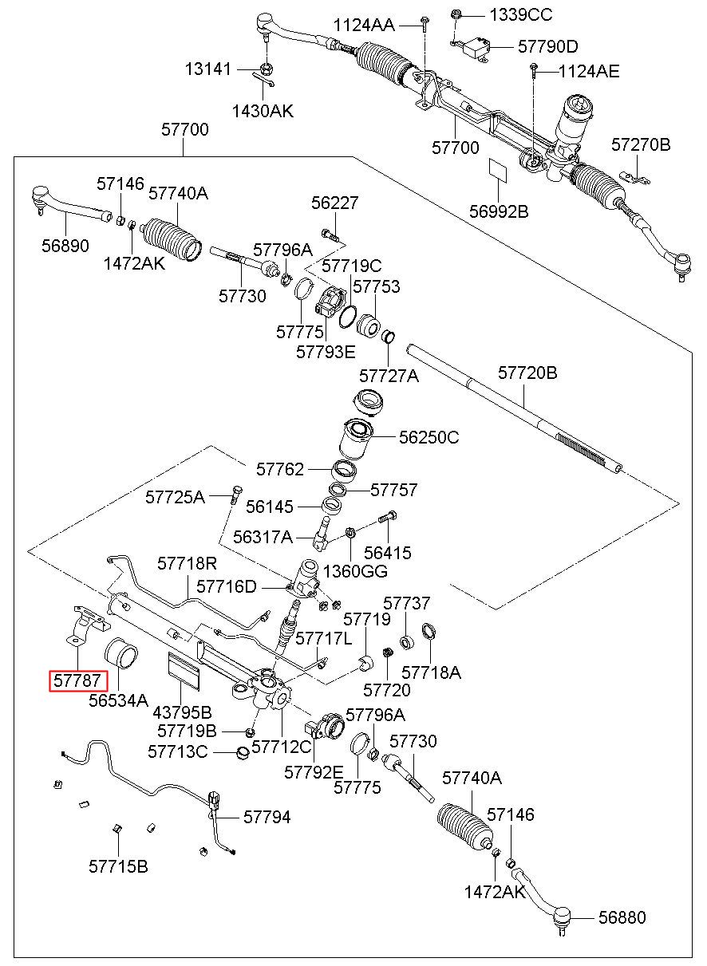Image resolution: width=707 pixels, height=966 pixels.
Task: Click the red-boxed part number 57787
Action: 77,680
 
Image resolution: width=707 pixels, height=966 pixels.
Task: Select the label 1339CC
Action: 520,15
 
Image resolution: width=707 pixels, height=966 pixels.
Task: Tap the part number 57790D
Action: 548,46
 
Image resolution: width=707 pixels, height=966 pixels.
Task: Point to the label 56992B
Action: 499,211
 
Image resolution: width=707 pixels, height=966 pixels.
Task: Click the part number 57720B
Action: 527,373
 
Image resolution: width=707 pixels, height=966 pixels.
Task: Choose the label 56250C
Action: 429,437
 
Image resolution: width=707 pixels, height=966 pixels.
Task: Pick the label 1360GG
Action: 355,571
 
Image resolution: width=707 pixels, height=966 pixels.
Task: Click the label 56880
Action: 622,917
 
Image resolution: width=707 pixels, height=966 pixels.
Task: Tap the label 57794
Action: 267,817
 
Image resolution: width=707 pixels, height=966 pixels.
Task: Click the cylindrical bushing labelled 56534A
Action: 122,653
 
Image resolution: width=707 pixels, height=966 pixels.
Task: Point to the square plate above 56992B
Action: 498,168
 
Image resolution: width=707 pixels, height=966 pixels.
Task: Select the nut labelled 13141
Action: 267,69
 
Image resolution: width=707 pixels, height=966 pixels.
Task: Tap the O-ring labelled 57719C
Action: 348,317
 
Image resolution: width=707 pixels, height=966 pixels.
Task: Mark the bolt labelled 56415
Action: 387,517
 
